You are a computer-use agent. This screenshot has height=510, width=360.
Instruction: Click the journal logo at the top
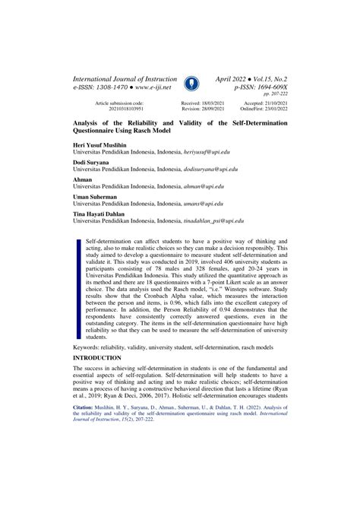tap(191, 84)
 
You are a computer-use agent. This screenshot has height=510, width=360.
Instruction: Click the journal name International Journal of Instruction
tap(125, 79)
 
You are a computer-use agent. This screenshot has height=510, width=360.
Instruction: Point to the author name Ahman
tap(81, 179)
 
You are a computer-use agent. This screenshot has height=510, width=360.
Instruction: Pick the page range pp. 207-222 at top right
tap(276, 96)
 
